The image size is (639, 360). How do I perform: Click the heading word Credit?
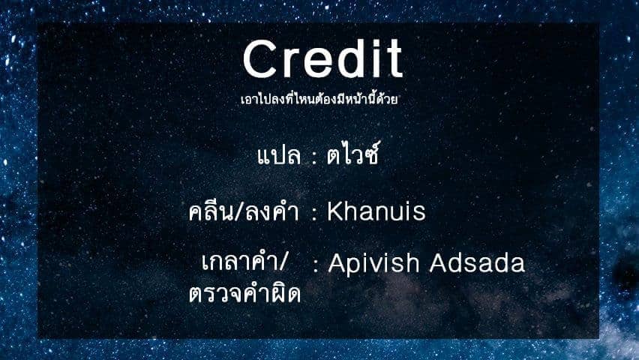322,58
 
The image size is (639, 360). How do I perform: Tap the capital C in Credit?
260,58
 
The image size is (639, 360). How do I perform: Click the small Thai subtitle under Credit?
319,99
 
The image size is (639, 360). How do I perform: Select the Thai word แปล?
279,156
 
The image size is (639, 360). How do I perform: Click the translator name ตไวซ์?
353,154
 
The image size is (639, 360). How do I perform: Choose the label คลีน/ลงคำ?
244,211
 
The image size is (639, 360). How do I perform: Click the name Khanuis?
376,211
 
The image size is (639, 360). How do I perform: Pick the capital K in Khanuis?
335,211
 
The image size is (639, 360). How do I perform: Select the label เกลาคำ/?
245,261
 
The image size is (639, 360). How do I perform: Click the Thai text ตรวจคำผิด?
244,293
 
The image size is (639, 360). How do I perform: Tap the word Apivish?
374,262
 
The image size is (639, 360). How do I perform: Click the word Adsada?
477,262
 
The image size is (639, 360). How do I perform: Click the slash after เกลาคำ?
283,262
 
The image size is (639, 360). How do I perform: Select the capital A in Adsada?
439,262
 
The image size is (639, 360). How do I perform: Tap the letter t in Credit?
395,59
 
